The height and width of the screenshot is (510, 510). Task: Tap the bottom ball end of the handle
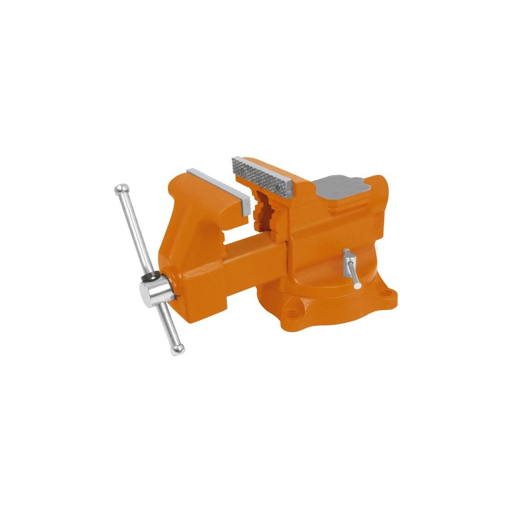178,349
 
